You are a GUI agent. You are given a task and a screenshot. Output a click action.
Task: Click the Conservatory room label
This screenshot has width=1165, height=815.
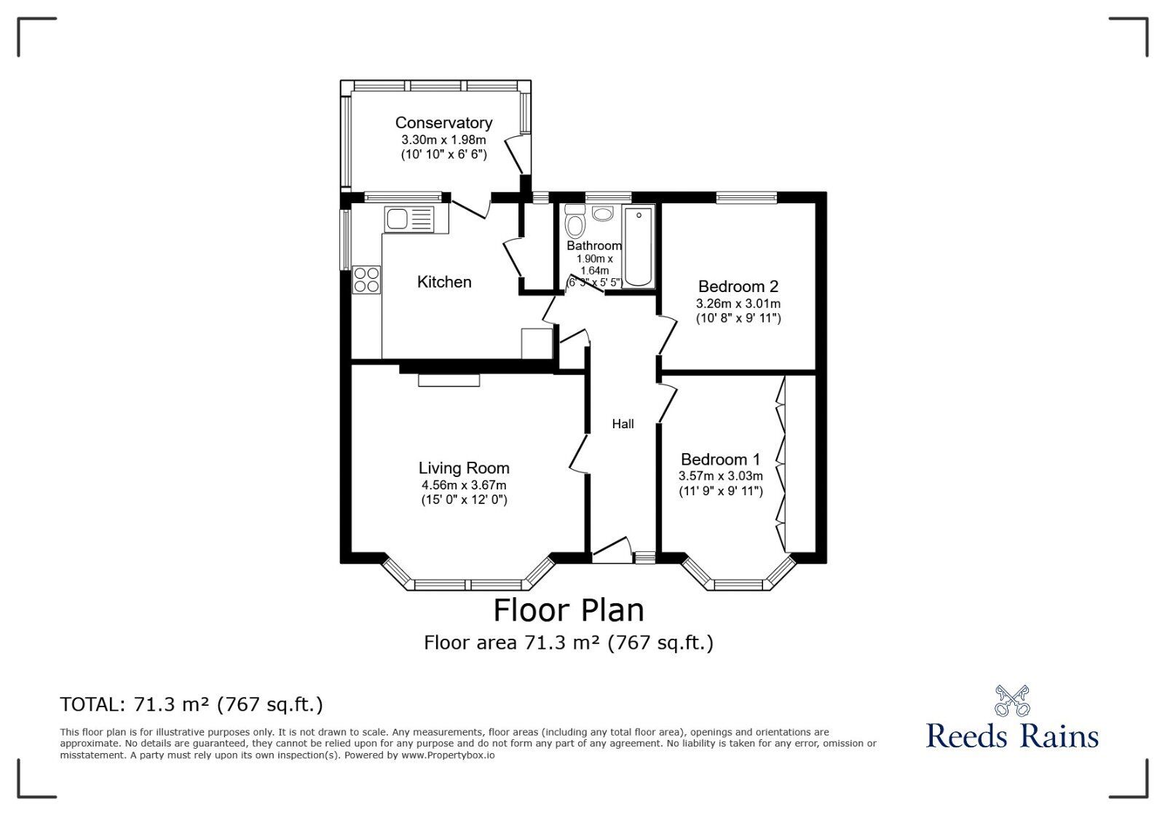click(x=443, y=123)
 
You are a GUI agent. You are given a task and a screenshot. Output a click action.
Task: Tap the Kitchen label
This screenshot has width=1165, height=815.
click(x=444, y=282)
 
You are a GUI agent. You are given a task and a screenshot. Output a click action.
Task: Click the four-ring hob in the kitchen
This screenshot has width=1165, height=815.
click(x=366, y=280)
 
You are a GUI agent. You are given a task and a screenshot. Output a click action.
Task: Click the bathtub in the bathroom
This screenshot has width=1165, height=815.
click(x=639, y=246)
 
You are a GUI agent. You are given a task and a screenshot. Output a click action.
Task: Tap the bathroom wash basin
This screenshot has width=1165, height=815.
click(x=603, y=213)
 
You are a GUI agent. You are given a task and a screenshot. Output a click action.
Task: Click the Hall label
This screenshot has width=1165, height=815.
click(x=623, y=424)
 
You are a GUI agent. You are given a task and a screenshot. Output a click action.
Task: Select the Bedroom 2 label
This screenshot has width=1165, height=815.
click(x=738, y=286)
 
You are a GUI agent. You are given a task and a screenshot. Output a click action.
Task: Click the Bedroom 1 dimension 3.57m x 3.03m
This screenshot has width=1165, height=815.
click(x=720, y=476)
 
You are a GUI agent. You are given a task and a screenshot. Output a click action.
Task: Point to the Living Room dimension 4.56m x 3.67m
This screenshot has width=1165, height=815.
click(x=464, y=485)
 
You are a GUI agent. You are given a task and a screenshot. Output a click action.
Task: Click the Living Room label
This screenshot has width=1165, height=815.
click(x=464, y=468)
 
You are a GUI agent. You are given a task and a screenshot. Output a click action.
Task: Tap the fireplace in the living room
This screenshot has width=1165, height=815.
click(x=449, y=380)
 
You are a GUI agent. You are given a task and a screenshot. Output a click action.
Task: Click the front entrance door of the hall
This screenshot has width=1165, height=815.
click(x=612, y=551)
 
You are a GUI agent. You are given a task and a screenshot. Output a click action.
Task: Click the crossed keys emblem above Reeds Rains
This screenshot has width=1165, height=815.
click(x=1012, y=700)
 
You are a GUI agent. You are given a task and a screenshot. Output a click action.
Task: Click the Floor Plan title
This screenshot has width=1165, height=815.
click(x=569, y=610)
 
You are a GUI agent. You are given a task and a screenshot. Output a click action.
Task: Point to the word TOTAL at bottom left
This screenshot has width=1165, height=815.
click(x=90, y=704)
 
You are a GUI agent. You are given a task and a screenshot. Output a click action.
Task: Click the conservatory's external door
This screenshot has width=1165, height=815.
click(x=516, y=154)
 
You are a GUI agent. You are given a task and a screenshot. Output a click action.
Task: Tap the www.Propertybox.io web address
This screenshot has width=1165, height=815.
click(x=448, y=755)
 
